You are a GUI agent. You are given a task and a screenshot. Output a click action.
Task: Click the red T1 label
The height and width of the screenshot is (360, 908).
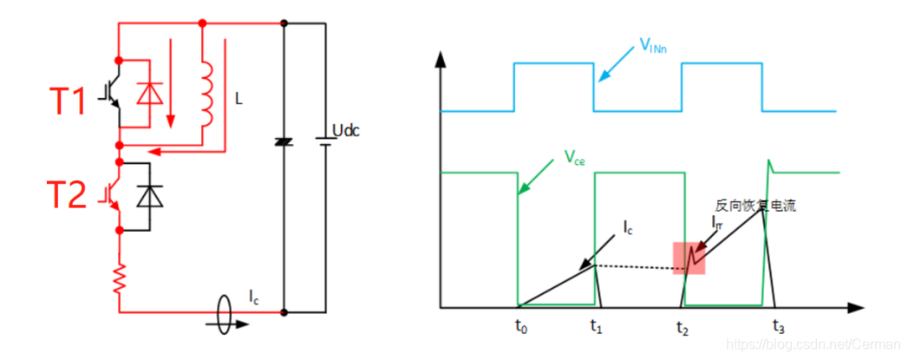coord(66,101)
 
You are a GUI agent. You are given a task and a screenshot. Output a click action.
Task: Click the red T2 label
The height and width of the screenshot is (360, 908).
coord(66,195)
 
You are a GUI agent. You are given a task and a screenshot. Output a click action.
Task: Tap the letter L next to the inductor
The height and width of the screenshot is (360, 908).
coord(238,100)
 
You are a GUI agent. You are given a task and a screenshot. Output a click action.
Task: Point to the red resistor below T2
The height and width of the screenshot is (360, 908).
coord(118,279)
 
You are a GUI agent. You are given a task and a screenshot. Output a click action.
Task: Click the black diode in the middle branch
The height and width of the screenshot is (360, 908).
coord(282,141)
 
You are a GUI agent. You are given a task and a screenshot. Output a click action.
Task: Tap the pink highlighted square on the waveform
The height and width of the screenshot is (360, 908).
coord(690,258)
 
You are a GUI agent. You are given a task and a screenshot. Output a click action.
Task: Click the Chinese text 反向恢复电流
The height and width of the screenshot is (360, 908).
coord(754,206)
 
